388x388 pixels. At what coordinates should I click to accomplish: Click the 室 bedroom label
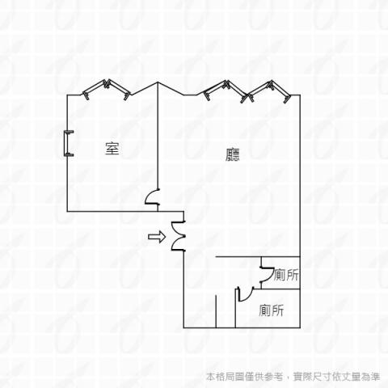click(x=112, y=149)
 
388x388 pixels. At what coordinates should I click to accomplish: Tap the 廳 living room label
click(x=233, y=154)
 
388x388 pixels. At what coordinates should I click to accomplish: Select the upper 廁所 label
click(x=286, y=275)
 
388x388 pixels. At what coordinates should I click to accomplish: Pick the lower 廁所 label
click(x=271, y=310)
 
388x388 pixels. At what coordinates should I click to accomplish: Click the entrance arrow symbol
click(x=157, y=237)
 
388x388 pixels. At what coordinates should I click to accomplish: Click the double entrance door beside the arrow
click(x=178, y=236)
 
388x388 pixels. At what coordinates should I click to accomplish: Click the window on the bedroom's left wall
click(x=68, y=143)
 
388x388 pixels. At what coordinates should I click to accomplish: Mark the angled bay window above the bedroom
click(x=107, y=89)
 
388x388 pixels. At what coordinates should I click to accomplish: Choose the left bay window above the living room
click(x=225, y=91)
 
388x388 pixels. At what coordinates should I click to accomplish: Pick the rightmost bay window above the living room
click(x=269, y=91)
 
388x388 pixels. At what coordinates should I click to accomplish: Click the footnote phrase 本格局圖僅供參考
click(x=245, y=377)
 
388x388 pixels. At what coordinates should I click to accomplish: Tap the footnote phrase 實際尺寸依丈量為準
click(x=337, y=377)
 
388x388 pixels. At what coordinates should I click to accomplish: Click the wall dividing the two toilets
click(x=280, y=289)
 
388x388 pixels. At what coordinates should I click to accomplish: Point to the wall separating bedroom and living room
click(x=158, y=146)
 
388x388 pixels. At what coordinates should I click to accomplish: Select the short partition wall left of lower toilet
click(x=216, y=311)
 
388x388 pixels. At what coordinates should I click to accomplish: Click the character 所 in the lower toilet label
click(x=277, y=310)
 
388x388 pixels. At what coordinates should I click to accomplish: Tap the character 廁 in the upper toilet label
click(x=280, y=275)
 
